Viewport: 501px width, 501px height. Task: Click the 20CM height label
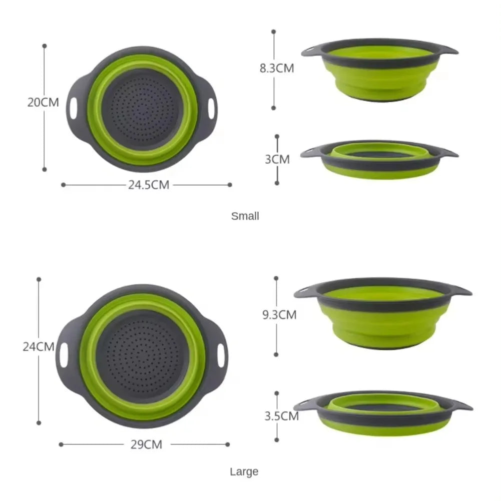[43, 103]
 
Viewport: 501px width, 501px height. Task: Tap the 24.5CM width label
[149, 185]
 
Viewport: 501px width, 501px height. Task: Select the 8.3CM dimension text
[276, 69]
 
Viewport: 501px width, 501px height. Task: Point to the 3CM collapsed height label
[277, 159]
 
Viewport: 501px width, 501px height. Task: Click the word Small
[245, 216]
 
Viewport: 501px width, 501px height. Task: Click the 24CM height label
[38, 346]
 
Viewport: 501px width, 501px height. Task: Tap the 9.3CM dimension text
[279, 315]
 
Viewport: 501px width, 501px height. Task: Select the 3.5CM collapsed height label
[282, 415]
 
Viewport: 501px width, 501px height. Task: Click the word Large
[244, 471]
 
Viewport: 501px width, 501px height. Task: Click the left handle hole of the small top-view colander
[73, 108]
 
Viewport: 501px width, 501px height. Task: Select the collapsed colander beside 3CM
[379, 159]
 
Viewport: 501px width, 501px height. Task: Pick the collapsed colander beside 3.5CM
[383, 413]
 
